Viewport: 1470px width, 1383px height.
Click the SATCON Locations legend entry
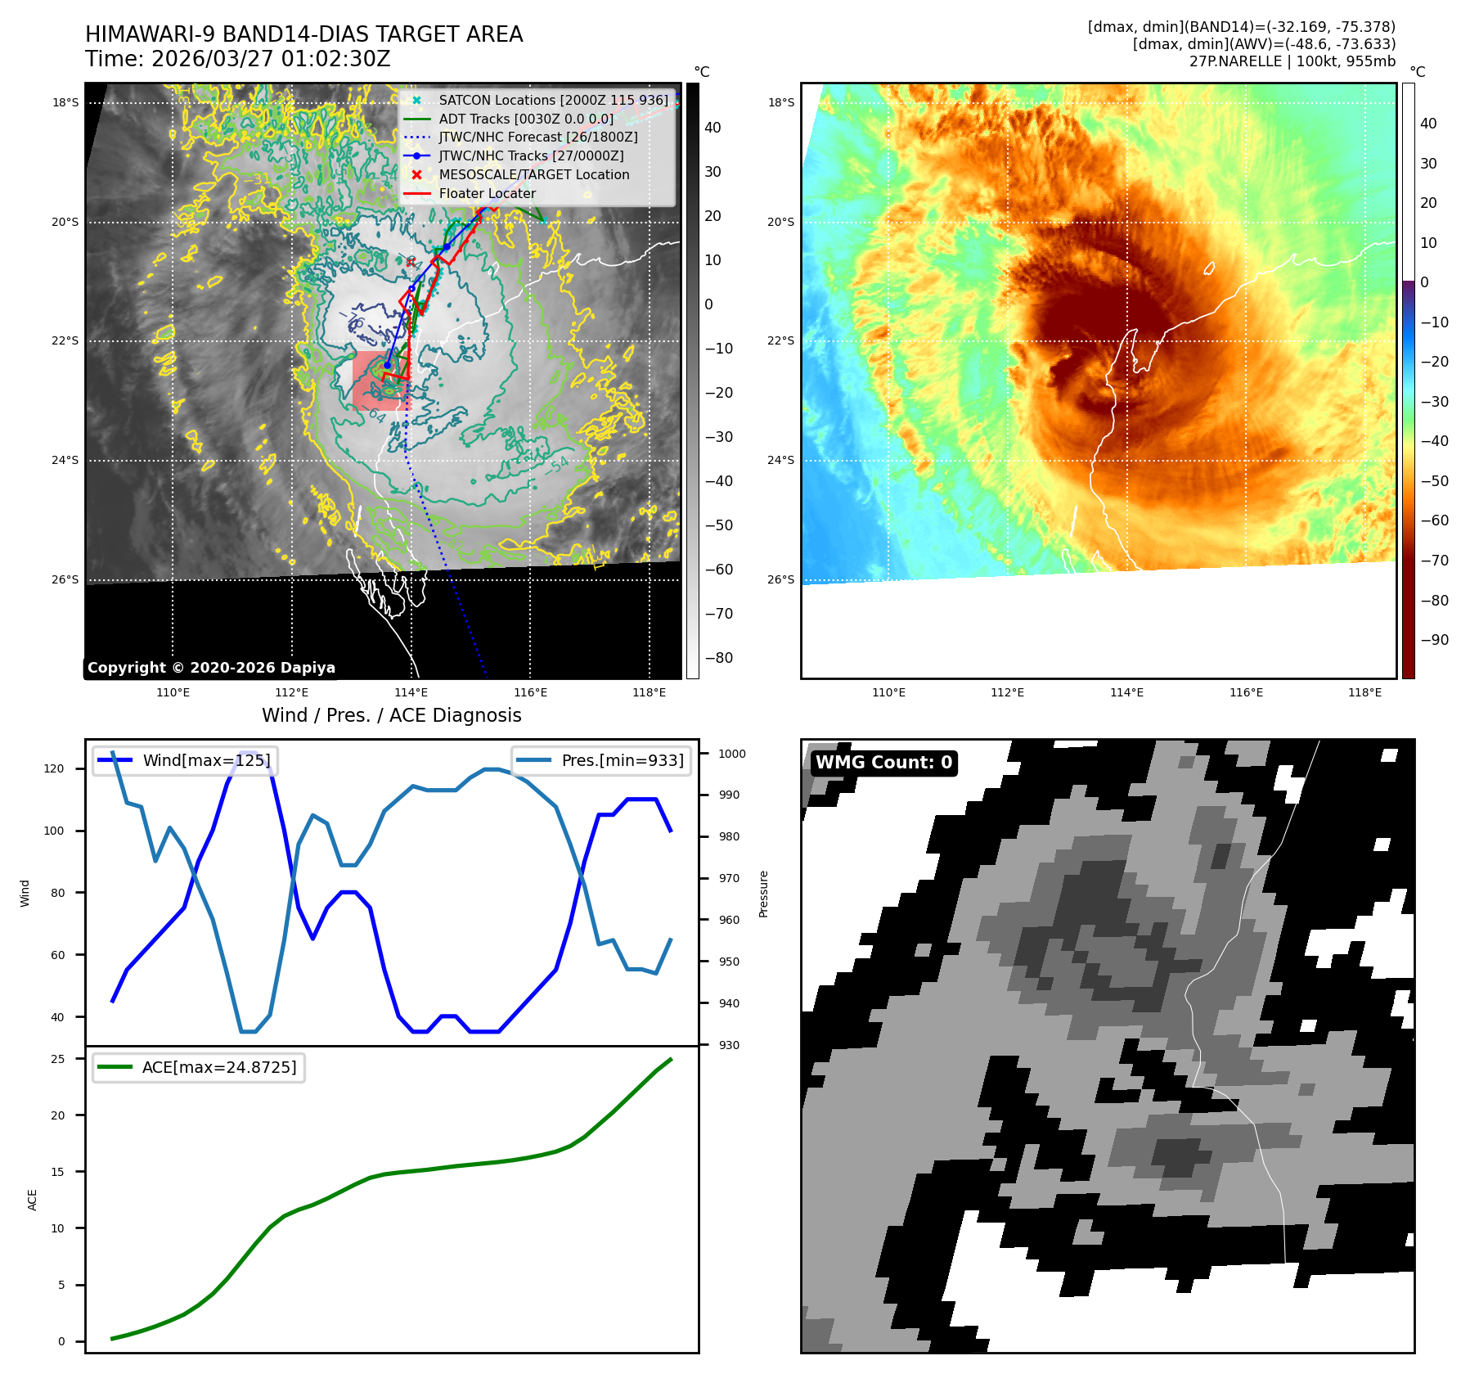[x=553, y=101]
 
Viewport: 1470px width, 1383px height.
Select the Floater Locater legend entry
[x=487, y=194]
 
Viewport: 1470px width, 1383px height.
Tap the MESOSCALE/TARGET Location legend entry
[x=533, y=175]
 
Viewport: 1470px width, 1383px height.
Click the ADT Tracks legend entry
[x=525, y=119]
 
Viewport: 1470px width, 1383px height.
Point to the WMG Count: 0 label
[x=883, y=763]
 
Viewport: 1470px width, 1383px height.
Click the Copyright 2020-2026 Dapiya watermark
[x=211, y=668]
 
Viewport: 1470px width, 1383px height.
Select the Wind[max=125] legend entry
[x=206, y=760]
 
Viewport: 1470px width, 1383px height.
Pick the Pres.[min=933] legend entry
[x=622, y=760]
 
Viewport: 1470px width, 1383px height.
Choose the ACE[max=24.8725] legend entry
[x=218, y=1067]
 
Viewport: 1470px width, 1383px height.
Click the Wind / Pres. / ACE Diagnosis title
[x=391, y=715]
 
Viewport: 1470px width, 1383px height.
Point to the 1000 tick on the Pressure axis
[x=732, y=754]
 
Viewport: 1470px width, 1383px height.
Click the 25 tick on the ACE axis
[x=58, y=1059]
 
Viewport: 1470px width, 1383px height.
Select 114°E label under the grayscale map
[x=411, y=693]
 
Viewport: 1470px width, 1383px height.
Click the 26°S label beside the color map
[x=780, y=579]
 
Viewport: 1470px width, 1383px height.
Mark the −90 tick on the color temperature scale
[x=1434, y=640]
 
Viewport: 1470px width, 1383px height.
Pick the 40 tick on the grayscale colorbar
[x=713, y=128]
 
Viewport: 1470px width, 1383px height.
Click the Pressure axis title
[x=763, y=894]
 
